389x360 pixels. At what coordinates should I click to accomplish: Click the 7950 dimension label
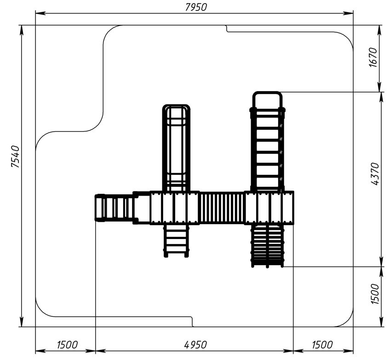pyautogui.click(x=196, y=7)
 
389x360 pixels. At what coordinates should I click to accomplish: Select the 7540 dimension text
pyautogui.click(x=15, y=157)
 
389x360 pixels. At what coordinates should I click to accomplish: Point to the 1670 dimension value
pyautogui.click(x=373, y=57)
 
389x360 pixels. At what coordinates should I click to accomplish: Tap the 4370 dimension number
pyautogui.click(x=376, y=174)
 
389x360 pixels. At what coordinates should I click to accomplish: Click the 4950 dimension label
pyautogui.click(x=195, y=345)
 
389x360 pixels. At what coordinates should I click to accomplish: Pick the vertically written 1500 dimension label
pyautogui.click(x=375, y=295)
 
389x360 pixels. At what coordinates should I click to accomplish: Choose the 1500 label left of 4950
pyautogui.click(x=67, y=345)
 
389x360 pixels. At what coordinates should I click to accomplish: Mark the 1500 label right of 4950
pyautogui.click(x=322, y=345)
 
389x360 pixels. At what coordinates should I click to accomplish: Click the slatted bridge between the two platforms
pyautogui.click(x=222, y=208)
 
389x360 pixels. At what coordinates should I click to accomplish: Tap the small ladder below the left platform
pyautogui.click(x=176, y=240)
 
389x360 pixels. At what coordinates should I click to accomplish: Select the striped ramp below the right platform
pyautogui.click(x=267, y=245)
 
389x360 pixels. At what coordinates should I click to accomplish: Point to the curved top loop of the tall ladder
pyautogui.click(x=267, y=93)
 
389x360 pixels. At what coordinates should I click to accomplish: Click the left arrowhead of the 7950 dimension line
pyautogui.click(x=40, y=13)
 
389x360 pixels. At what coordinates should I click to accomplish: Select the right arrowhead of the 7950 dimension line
pyautogui.click(x=348, y=13)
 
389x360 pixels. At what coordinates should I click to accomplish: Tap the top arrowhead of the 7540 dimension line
pyautogui.click(x=22, y=30)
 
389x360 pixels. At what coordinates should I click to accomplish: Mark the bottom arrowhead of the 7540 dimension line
pyautogui.click(x=22, y=322)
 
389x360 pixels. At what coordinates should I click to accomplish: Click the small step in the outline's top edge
pyautogui.click(x=227, y=29)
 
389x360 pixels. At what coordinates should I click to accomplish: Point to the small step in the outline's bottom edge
pyautogui.click(x=192, y=321)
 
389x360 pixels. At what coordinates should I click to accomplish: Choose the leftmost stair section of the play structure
pyautogui.click(x=114, y=208)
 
